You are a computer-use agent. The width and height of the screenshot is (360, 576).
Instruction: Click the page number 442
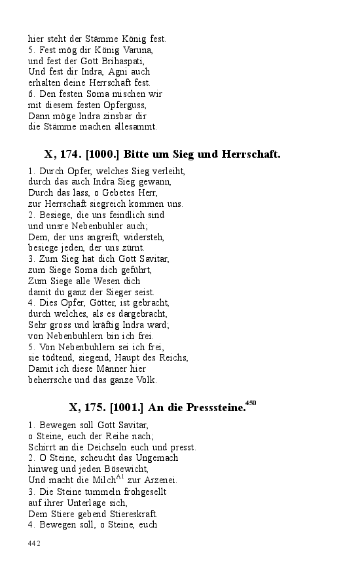[x=35, y=543]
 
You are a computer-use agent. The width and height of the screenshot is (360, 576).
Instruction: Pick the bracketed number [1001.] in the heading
[x=125, y=408]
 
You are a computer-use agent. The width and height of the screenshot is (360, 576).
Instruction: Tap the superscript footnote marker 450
[x=251, y=403]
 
